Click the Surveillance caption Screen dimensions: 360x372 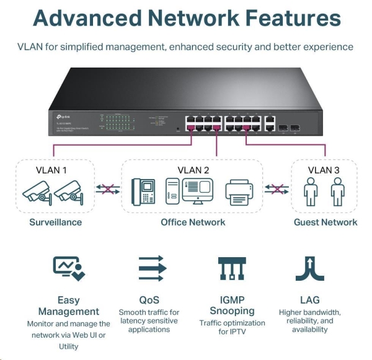55,222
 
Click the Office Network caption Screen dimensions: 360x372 193,222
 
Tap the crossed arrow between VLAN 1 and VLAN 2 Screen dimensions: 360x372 107,190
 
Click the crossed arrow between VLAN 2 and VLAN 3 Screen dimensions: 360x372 277,190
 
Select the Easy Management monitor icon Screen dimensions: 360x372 68,268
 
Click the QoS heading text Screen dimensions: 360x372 149,300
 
